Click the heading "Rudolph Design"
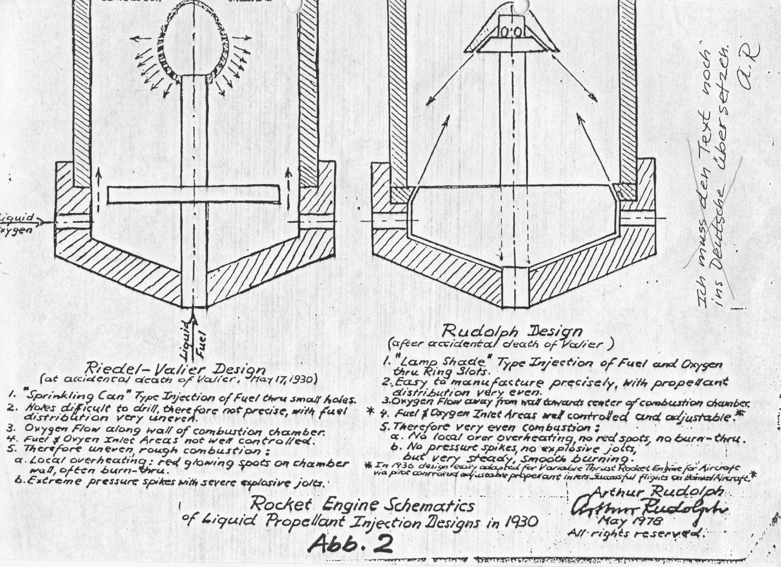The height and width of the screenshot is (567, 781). pyautogui.click(x=512, y=332)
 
